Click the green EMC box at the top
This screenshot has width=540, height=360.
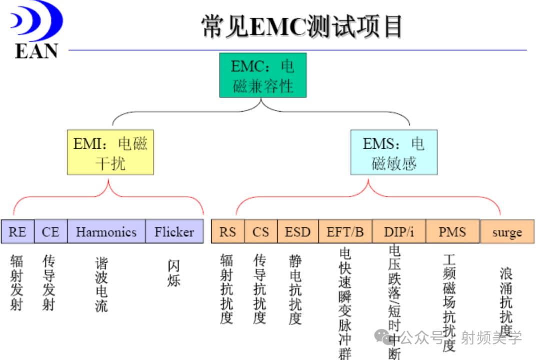(x=263, y=75)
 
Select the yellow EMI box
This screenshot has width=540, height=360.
(x=110, y=152)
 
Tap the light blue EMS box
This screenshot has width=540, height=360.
(x=394, y=152)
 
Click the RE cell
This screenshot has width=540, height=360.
(x=17, y=232)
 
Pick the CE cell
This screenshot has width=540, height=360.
(x=50, y=232)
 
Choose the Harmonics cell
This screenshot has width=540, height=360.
(x=106, y=232)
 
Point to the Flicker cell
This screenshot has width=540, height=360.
(x=174, y=232)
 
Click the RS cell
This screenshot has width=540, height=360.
(x=228, y=232)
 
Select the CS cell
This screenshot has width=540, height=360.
(x=261, y=232)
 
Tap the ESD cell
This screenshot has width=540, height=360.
(x=298, y=232)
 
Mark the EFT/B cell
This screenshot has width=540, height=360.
(x=345, y=232)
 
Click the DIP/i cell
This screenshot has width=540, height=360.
(x=399, y=232)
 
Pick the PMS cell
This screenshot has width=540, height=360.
(x=452, y=232)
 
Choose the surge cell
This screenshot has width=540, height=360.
(x=507, y=233)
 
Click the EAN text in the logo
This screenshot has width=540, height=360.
(x=36, y=51)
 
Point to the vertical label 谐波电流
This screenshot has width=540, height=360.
(x=101, y=285)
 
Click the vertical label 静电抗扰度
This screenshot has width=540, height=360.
(x=295, y=290)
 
